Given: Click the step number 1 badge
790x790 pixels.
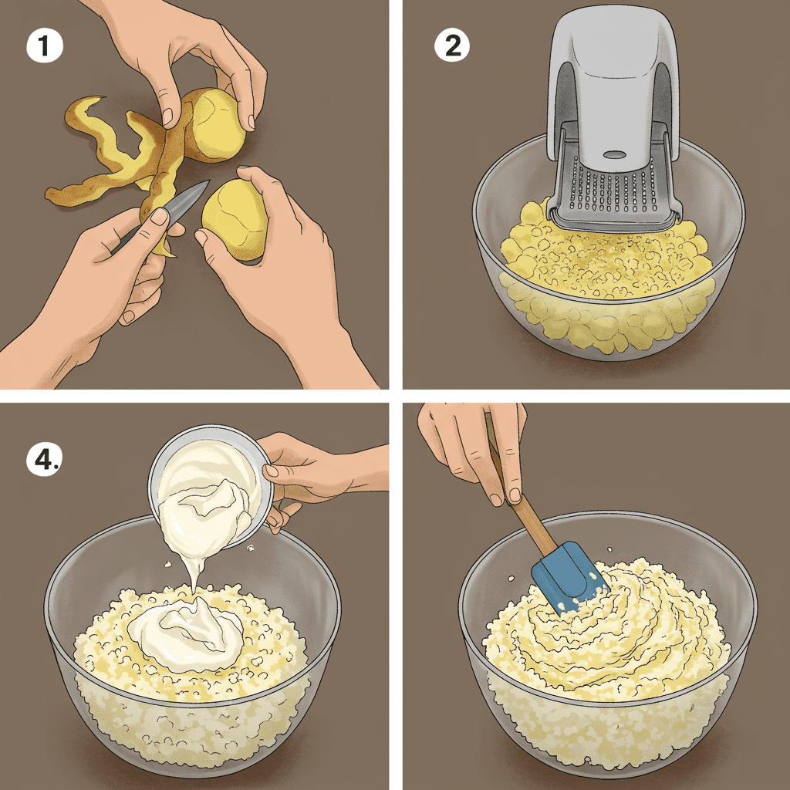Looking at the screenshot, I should coord(44,46).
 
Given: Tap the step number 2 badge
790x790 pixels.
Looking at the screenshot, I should coord(452,46).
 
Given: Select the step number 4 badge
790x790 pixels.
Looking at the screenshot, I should coord(45,461).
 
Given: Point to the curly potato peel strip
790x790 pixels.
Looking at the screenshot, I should coord(85,154).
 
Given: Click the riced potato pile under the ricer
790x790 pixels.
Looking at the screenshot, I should coord(602,262).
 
